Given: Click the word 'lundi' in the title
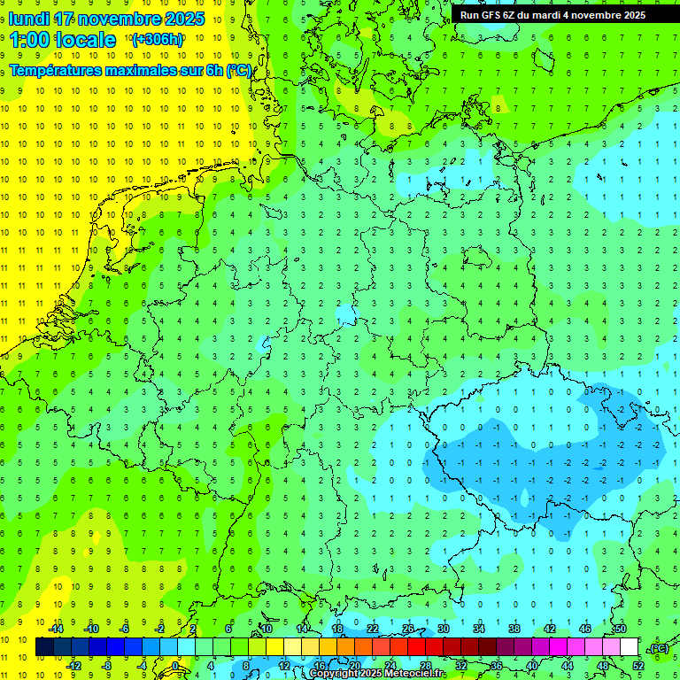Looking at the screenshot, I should [28, 19].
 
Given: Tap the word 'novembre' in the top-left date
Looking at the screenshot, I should [120, 19].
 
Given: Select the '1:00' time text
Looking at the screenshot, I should [28, 40].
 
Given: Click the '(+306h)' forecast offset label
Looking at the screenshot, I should [157, 40].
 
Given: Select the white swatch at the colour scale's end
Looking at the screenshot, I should [630, 647].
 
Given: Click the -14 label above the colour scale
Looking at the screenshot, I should [55, 629].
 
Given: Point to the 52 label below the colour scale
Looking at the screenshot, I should [638, 665].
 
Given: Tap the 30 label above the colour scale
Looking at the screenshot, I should [444, 629].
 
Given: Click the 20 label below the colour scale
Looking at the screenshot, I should [355, 665].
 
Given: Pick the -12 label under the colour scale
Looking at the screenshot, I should [73, 665].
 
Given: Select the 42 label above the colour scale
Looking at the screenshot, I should [550, 629].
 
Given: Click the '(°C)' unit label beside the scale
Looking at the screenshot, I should [658, 648].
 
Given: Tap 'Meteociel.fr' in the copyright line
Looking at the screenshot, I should [414, 674].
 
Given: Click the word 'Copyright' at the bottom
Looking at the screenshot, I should [334, 674].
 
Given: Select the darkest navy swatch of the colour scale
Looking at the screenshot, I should [44, 647].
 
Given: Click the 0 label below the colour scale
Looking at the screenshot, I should [176, 665].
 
